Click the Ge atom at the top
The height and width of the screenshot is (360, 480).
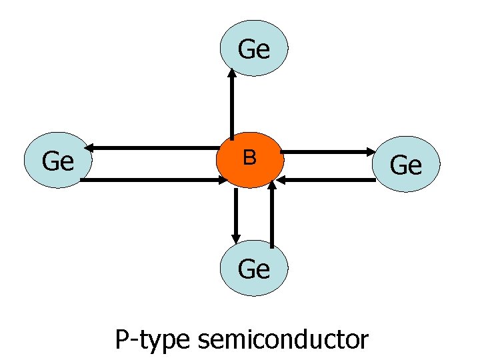click(x=254, y=49)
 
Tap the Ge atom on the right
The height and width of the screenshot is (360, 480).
click(x=406, y=165)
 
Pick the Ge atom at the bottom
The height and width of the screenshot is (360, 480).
click(x=253, y=269)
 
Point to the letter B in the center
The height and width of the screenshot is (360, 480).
click(x=249, y=157)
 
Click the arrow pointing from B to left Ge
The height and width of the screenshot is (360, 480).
click(x=153, y=147)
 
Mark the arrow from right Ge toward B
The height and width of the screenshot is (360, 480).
click(x=327, y=179)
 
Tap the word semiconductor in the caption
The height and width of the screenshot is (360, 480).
click(x=283, y=340)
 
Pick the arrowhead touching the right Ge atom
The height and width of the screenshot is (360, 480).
click(x=374, y=152)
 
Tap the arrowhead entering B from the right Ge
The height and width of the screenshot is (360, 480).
click(x=283, y=179)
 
